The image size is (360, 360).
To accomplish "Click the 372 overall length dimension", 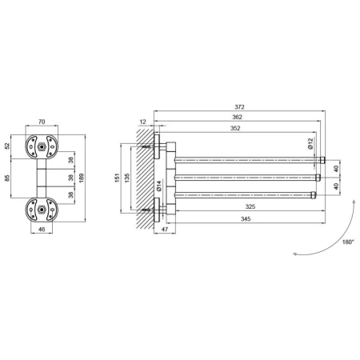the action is click(x=239, y=107).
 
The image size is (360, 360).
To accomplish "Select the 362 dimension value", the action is click(x=237, y=117).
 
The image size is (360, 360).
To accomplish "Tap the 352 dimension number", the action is click(x=235, y=128).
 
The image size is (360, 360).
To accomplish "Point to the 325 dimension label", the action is click(x=250, y=206).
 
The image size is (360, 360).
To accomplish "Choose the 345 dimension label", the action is click(x=246, y=219).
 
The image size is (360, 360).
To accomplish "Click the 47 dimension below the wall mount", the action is click(x=165, y=229).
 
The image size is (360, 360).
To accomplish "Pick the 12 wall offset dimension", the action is click(x=143, y=122).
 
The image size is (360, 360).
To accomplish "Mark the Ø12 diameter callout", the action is click(x=310, y=143).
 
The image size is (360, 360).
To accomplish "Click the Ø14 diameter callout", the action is click(x=159, y=186).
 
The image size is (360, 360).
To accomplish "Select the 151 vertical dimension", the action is click(x=118, y=178).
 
